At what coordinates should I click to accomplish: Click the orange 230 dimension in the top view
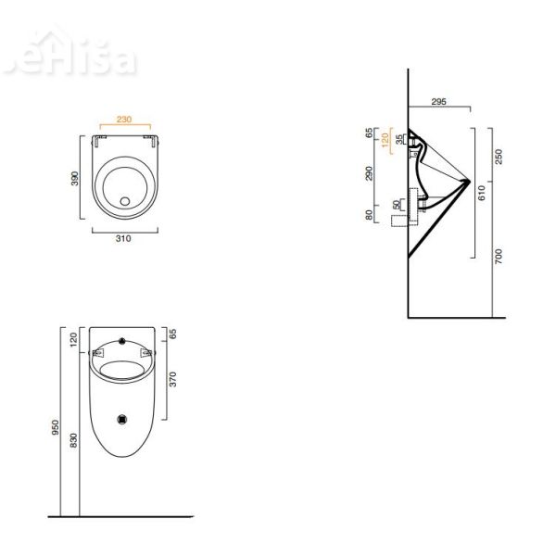(123, 119)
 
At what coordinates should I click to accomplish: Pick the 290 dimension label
(369, 173)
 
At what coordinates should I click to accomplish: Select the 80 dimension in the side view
(369, 215)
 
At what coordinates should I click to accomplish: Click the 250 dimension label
(498, 156)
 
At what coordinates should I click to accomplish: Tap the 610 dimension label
(482, 193)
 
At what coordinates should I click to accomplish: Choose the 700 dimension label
(498, 256)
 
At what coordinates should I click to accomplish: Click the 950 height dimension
(56, 427)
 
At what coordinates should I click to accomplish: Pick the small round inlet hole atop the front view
(121, 337)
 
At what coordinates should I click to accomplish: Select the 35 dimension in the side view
(399, 139)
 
